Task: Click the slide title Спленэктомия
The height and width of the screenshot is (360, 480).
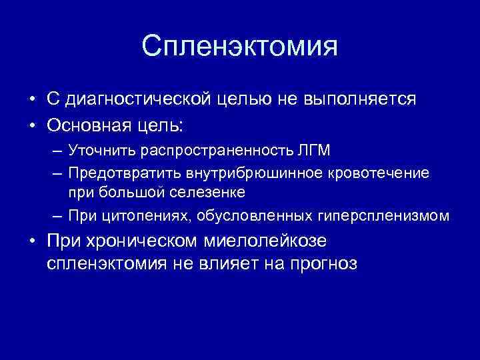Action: (x=239, y=46)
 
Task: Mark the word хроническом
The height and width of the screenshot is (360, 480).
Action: (x=140, y=240)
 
